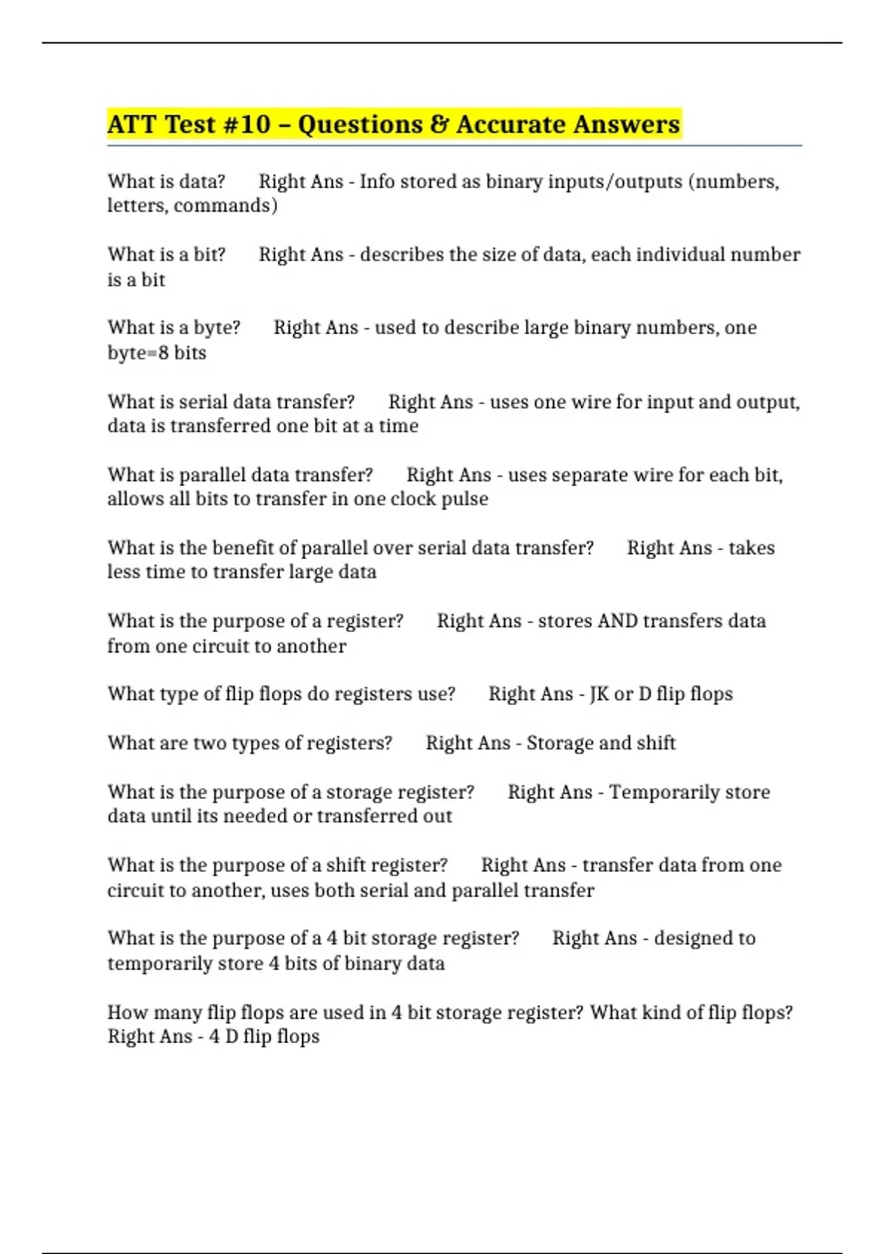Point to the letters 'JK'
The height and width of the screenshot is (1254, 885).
(599, 694)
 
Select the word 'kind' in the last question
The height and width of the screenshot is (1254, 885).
(640, 1013)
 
